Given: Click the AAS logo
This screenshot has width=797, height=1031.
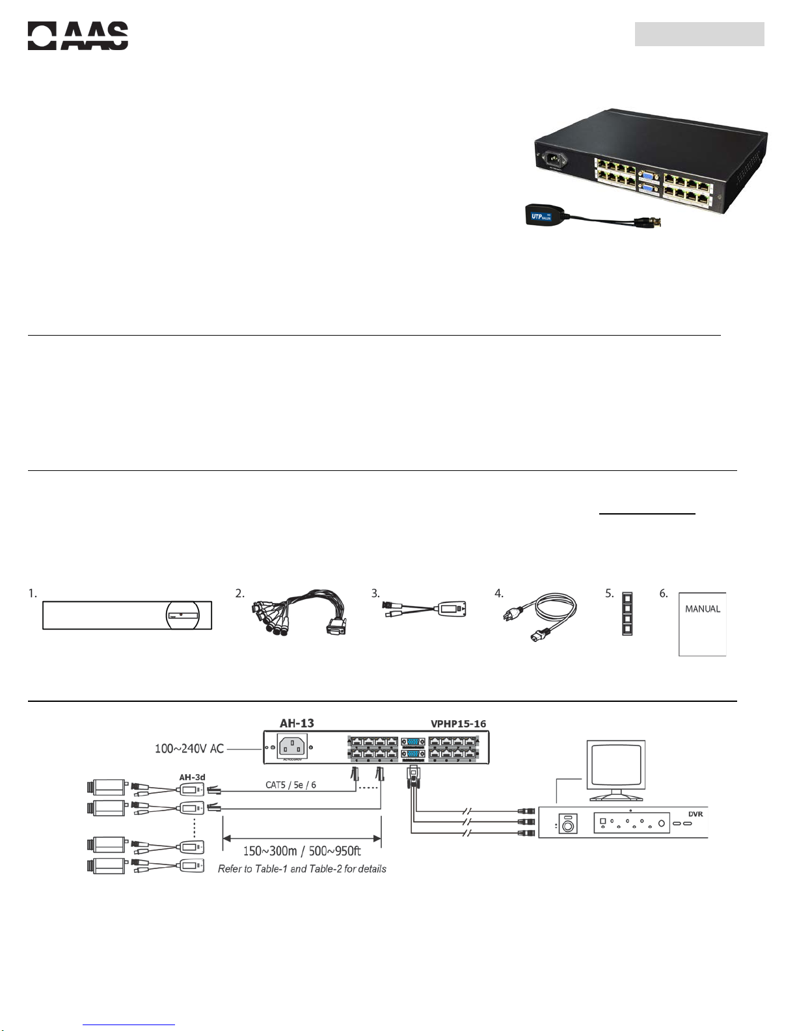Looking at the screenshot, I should [77, 36].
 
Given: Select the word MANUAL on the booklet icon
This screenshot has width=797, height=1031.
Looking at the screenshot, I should [702, 609].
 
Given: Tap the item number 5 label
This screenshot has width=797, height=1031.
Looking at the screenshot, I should [610, 593].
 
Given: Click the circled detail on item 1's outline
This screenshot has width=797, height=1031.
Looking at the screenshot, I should [184, 615].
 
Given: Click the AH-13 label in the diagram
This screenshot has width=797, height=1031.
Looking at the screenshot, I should [297, 723].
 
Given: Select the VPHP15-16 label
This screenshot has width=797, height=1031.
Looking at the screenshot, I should [458, 723].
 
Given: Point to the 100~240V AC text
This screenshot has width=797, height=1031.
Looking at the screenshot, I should [189, 749].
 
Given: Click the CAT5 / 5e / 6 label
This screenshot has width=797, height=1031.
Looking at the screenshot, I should [290, 785].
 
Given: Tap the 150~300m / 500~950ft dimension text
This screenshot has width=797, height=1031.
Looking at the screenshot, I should [302, 851].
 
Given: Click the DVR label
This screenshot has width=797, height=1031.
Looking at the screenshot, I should [695, 814].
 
